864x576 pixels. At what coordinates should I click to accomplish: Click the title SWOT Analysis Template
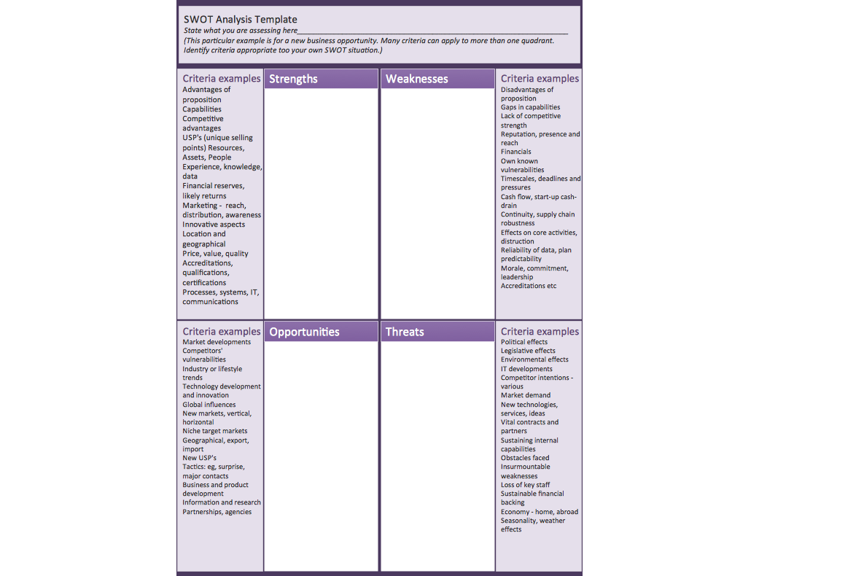240,20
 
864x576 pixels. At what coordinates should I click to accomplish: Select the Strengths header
293,79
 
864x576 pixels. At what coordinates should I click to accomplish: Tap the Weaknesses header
416,79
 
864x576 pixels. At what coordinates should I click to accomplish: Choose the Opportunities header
304,332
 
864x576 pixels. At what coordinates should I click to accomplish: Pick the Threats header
405,332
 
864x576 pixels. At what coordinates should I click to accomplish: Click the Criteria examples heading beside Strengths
221,79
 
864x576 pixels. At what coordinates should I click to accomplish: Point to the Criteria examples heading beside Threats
540,332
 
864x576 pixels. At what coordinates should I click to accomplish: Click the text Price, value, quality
215,254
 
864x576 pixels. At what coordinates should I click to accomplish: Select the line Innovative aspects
214,225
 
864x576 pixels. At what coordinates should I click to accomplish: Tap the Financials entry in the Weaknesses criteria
516,152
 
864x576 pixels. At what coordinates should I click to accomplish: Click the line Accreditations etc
529,286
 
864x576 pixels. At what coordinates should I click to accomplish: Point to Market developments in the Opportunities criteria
217,342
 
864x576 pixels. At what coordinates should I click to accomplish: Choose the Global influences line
209,405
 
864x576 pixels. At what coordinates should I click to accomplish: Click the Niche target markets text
215,431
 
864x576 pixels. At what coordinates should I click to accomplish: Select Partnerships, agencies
217,512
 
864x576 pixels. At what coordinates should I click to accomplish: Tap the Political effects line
524,342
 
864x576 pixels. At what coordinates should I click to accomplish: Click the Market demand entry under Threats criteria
526,395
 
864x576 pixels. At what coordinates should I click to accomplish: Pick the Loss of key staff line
525,485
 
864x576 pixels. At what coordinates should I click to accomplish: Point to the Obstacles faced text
525,458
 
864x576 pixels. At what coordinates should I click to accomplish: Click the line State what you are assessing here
241,31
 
